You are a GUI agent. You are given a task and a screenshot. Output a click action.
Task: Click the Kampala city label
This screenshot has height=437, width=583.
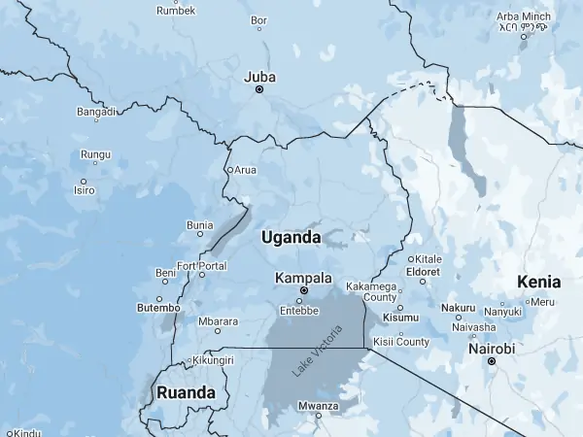point(303,278)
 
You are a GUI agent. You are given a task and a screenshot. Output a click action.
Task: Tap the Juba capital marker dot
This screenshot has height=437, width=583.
point(259,89)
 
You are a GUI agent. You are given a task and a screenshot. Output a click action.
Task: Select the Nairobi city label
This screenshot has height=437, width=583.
point(492,348)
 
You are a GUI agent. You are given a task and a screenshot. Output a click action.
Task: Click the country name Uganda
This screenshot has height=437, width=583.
point(291,237)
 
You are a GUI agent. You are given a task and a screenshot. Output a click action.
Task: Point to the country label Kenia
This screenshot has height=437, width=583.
point(539,283)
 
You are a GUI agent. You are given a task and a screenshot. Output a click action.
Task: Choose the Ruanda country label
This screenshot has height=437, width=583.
point(186,393)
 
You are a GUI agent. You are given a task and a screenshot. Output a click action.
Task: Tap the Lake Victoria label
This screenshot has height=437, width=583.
point(314,358)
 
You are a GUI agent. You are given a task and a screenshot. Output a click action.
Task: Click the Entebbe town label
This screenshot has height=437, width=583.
point(299,311)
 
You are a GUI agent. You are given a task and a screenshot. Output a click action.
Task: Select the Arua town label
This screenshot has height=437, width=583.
point(245,170)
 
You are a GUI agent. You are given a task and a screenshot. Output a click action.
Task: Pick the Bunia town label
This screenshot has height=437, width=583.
point(199,225)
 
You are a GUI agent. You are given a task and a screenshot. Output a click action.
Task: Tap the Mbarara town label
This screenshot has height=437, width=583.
point(218,321)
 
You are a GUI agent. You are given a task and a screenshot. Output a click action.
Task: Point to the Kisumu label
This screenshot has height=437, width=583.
point(400,318)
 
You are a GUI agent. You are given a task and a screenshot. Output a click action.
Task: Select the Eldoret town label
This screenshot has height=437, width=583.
point(423,272)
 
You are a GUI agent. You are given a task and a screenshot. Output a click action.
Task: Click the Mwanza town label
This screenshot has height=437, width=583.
point(318,405)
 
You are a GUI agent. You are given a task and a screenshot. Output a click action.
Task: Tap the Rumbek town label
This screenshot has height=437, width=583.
point(176,11)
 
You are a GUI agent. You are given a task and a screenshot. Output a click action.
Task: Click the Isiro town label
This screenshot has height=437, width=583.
point(85,190)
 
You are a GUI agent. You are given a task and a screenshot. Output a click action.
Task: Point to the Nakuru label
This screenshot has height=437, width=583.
point(458,308)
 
